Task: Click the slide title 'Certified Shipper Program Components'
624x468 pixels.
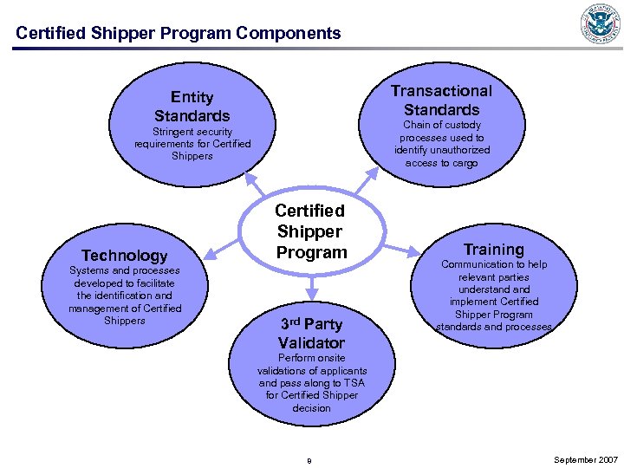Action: tap(179, 34)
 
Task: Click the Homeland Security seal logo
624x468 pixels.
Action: tap(601, 23)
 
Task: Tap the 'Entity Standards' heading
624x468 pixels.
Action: tap(192, 106)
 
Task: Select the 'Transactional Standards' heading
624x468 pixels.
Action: tap(441, 100)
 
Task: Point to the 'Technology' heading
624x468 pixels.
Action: tap(124, 255)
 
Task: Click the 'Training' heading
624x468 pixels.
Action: tap(493, 250)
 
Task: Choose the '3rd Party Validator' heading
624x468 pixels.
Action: tap(310, 333)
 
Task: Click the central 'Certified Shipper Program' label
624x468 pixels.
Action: tap(310, 231)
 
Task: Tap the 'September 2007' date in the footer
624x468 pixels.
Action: tap(586, 459)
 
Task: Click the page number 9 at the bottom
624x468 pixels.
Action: tap(309, 460)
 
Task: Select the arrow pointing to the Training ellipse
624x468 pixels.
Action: tap(400, 250)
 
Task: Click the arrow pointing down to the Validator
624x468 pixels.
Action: tap(310, 286)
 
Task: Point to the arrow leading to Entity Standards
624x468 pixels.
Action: tap(257, 183)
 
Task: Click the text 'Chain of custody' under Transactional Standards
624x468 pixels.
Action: tap(442, 126)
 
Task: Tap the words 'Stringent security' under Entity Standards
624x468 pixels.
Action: tap(192, 132)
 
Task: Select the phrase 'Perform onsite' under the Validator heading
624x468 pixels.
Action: tap(311, 358)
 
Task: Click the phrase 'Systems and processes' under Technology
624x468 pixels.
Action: tap(125, 270)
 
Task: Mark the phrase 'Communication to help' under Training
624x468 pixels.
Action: tap(494, 264)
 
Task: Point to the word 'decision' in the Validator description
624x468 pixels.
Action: tap(311, 407)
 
